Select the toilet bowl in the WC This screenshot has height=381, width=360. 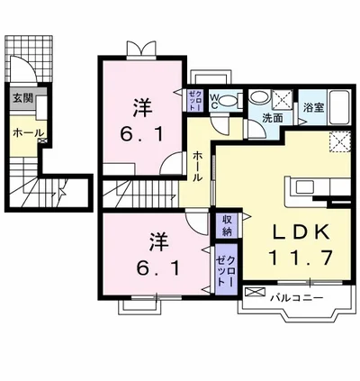click(x=228, y=101)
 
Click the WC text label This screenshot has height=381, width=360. click(x=215, y=101)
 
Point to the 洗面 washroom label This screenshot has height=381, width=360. click(x=272, y=117)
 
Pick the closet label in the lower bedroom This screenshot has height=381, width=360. click(x=223, y=268)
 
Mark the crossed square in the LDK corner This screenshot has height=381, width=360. click(x=339, y=141)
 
